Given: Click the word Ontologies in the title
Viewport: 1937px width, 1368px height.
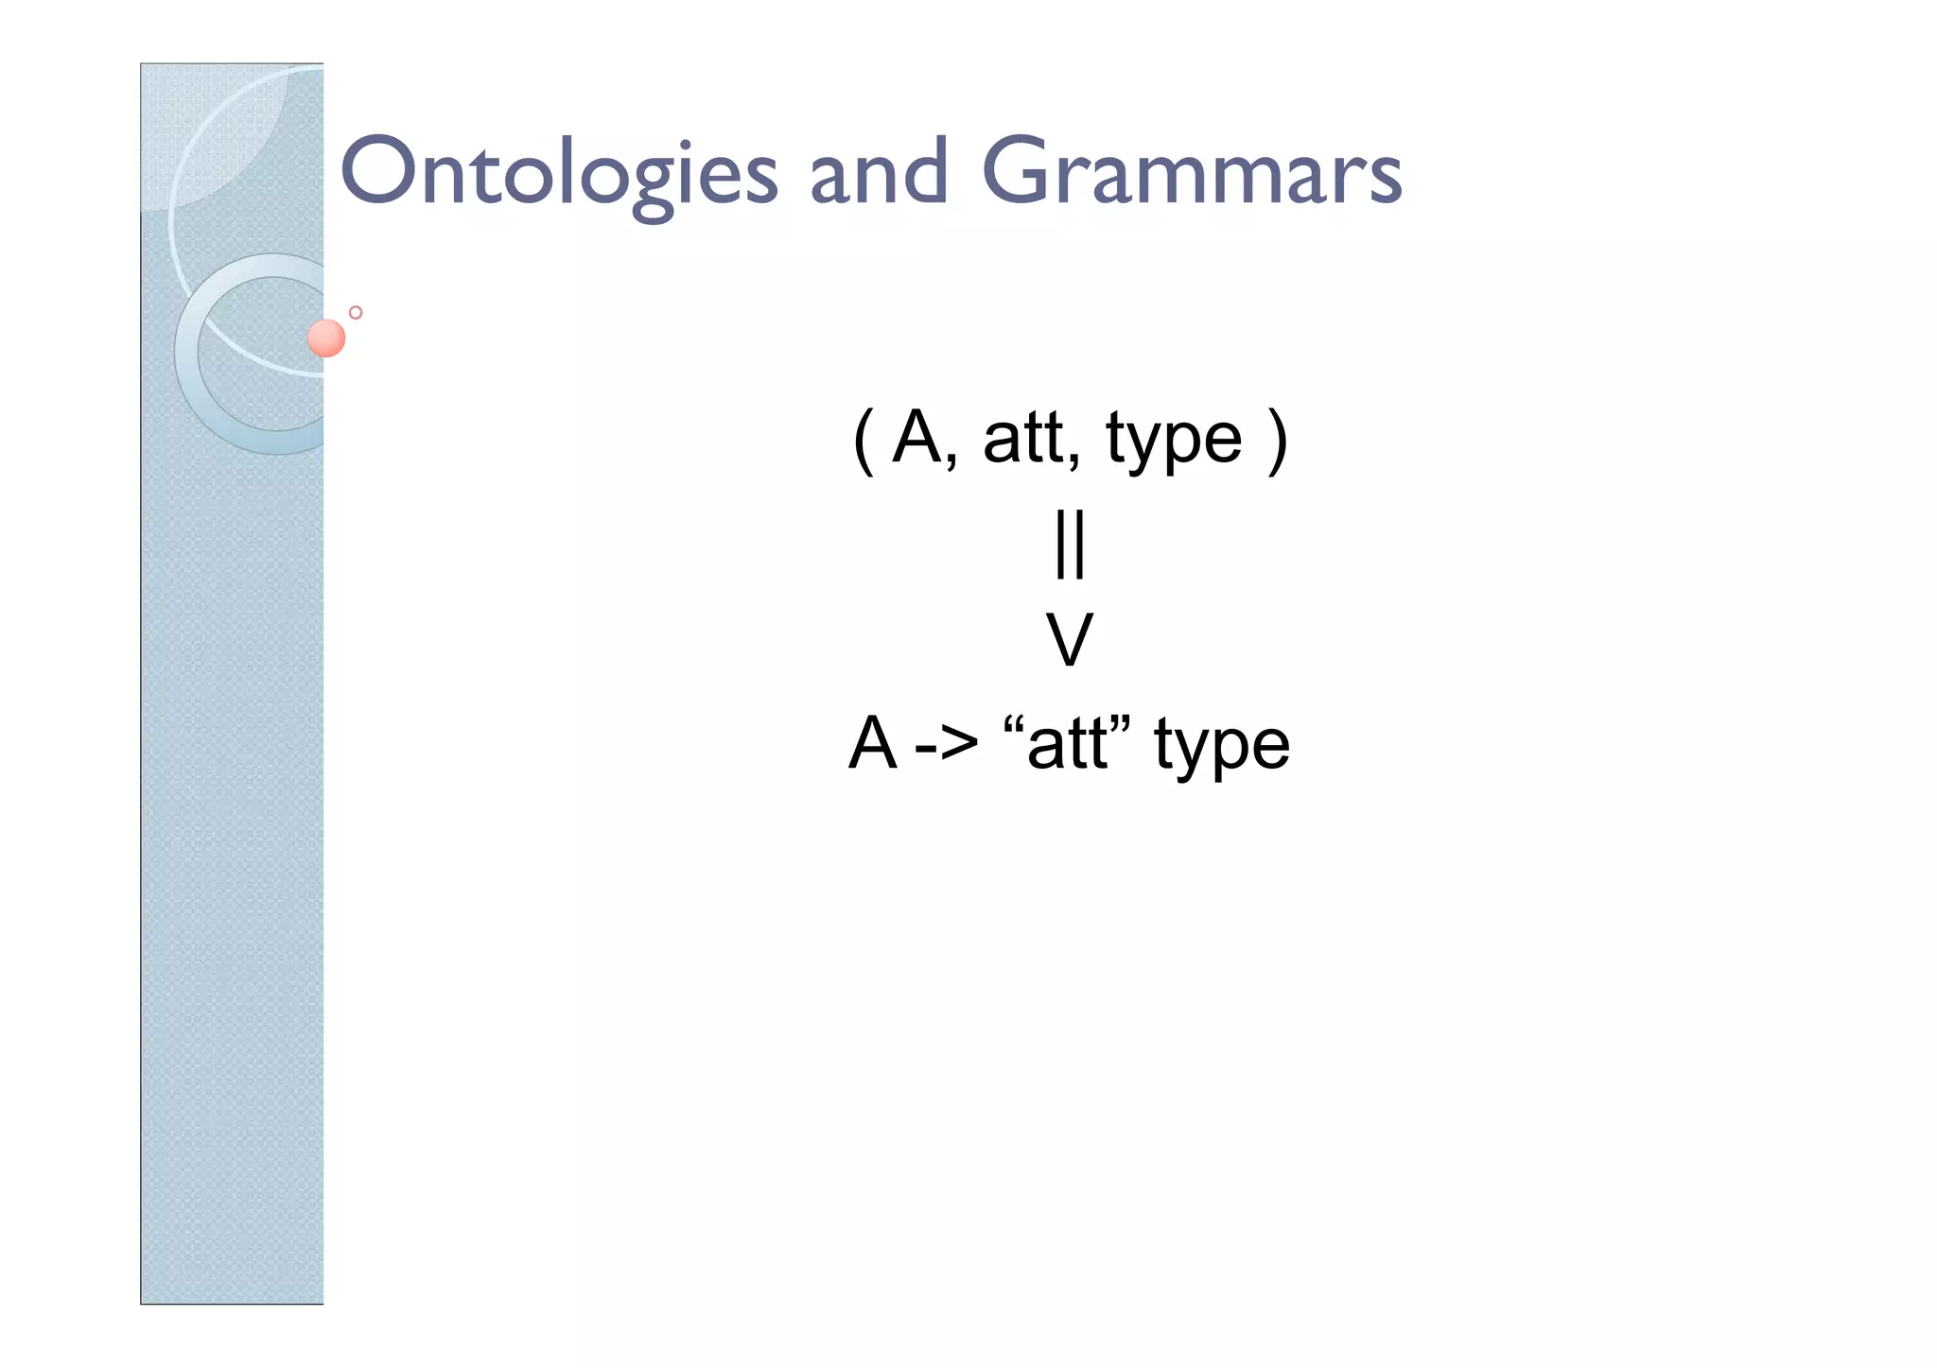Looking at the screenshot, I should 558,173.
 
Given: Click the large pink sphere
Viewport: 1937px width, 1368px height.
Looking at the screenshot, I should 326,338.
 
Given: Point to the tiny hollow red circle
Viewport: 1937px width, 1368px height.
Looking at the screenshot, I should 356,313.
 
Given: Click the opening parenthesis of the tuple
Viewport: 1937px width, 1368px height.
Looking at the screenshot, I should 863,442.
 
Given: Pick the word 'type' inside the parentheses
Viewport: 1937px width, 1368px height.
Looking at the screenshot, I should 1173,442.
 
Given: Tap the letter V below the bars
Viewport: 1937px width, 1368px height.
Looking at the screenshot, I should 1070,640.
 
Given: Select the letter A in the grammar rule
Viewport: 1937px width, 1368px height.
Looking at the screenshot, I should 872,743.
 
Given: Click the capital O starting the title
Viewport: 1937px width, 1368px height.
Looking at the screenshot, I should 377,171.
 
